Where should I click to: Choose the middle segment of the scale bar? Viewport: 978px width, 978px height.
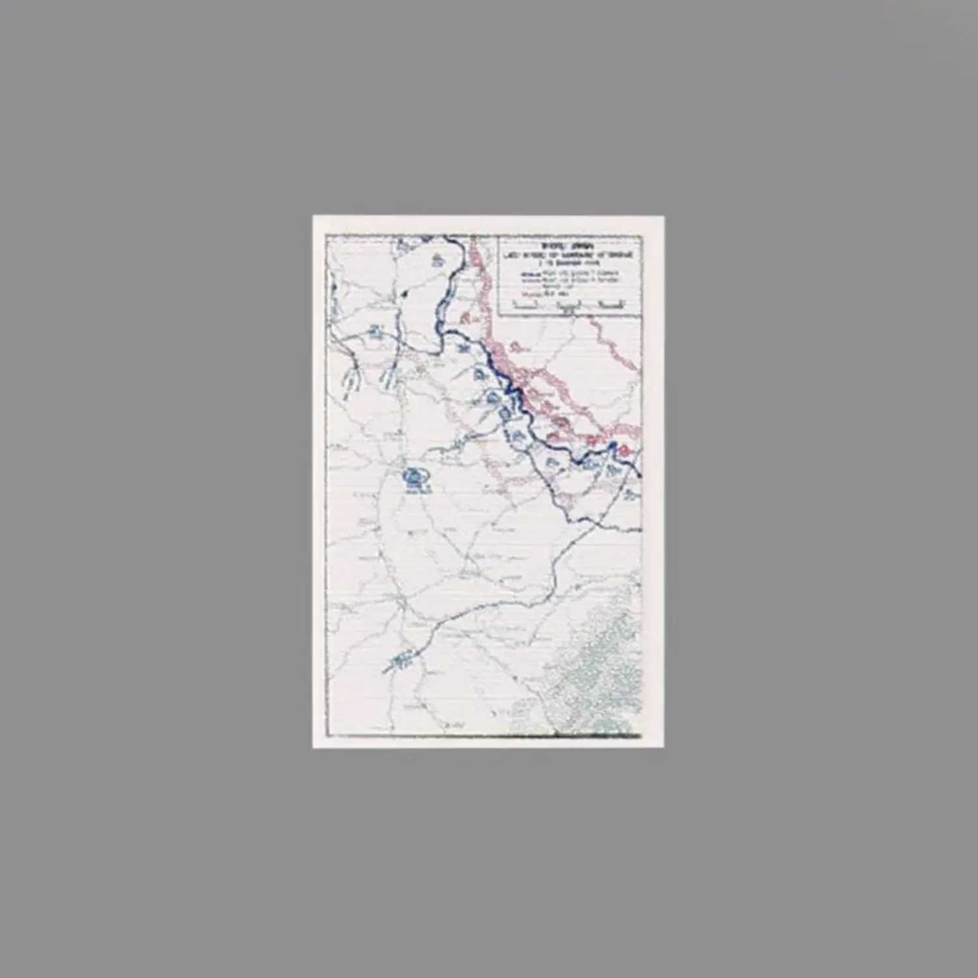tap(567, 304)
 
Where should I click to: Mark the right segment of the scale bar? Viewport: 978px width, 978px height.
tap(610, 304)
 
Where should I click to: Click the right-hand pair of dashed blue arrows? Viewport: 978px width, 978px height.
tap(389, 376)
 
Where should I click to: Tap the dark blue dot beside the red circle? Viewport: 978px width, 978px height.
tap(613, 446)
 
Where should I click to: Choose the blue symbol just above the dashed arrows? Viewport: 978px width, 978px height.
tap(376, 333)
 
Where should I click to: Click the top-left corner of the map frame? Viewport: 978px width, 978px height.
tap(327, 235)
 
